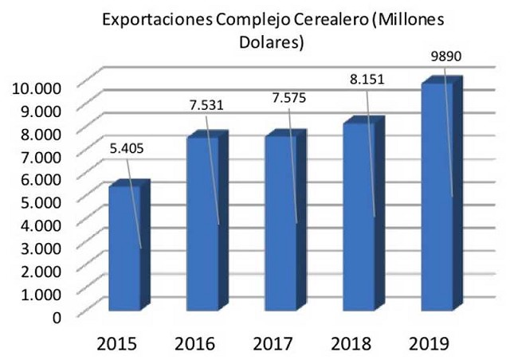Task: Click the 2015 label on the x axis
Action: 118,343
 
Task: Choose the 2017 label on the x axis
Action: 275,343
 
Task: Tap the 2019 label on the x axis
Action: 431,343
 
